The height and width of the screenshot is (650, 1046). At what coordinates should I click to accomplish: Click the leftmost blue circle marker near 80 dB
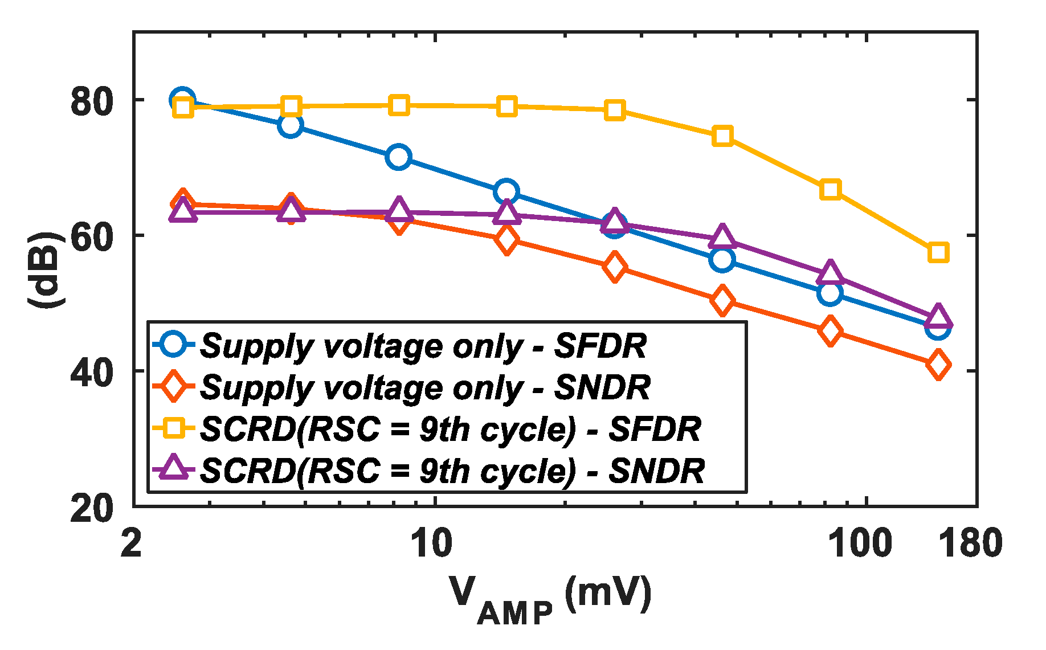(182, 100)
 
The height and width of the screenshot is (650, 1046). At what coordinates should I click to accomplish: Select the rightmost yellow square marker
(938, 252)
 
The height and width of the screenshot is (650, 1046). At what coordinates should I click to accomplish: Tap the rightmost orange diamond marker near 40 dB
(938, 364)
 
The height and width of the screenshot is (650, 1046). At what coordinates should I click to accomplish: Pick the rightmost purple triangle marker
(938, 317)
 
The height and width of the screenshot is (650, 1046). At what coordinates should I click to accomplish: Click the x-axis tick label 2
(132, 543)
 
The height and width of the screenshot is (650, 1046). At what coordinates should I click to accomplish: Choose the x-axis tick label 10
(432, 543)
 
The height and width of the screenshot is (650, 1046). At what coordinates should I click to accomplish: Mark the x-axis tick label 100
(859, 543)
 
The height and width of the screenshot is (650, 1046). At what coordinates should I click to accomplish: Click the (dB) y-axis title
(46, 270)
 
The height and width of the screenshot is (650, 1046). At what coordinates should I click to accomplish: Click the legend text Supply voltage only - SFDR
(424, 346)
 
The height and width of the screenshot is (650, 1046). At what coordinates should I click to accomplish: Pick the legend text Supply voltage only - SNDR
(425, 387)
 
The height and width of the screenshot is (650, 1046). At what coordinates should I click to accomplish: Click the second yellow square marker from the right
(830, 189)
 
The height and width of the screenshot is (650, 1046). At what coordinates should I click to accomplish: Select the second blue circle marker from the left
(290, 125)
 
